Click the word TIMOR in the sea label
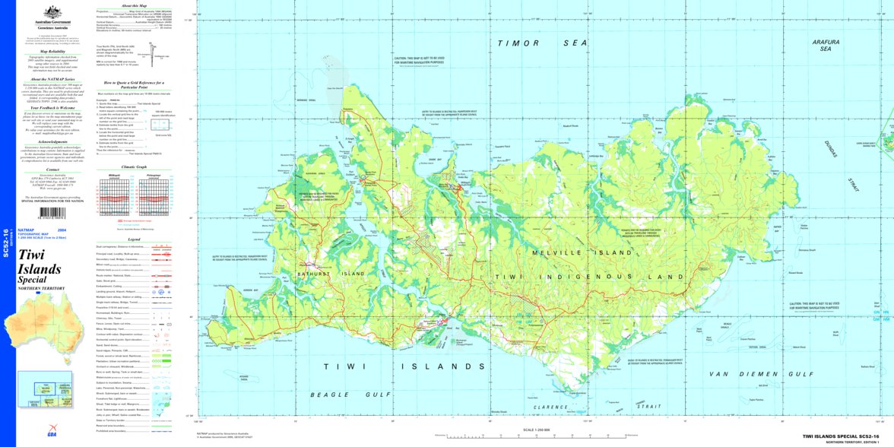515,43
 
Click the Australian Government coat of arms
52,12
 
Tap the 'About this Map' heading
123,5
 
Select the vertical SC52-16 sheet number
5,241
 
